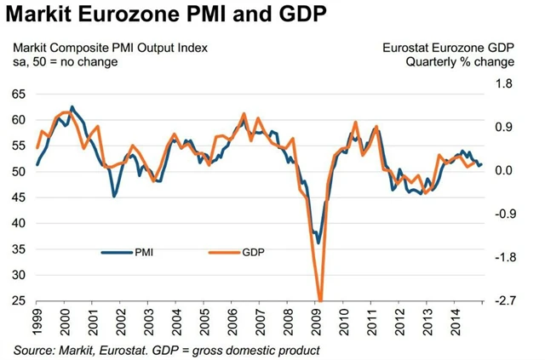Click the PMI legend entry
coord(141,252)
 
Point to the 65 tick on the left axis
coord(18,94)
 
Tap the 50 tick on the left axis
coord(18,171)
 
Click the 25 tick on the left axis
coord(18,300)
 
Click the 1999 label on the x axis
coord(36,321)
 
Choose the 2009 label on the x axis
coord(316,321)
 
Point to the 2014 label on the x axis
coord(456,321)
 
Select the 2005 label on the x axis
coord(204,321)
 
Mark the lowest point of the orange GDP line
coord(320,300)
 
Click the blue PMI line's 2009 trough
coord(318,243)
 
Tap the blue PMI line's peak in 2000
coord(72,107)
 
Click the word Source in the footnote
coord(34,350)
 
